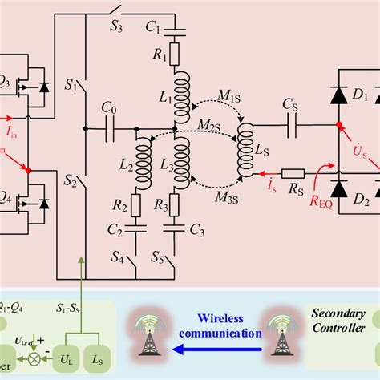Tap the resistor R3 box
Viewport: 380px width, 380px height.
(179, 204)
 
